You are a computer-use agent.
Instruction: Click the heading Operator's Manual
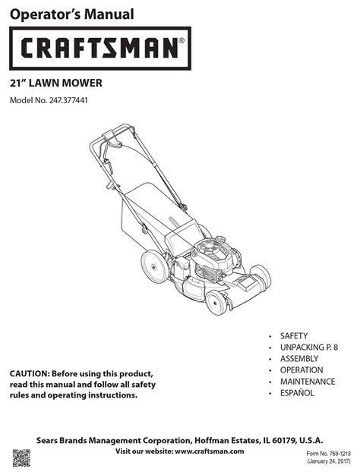[71, 14]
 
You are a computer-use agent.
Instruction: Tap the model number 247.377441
[68, 100]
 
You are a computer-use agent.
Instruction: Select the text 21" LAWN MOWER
[55, 83]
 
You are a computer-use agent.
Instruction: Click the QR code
[21, 458]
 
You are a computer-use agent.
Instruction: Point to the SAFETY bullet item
[294, 336]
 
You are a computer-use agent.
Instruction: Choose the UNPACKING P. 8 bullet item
[309, 348]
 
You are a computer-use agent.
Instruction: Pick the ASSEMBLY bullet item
[299, 359]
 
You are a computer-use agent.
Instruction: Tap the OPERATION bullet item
[302, 370]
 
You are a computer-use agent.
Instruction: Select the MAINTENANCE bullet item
[308, 382]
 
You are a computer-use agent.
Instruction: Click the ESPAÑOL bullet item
[297, 393]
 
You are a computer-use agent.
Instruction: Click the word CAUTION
[29, 373]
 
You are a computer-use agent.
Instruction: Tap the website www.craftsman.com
[210, 451]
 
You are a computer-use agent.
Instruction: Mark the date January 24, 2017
[329, 461]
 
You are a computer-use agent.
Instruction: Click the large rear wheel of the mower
[154, 267]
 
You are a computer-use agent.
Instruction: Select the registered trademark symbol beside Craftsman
[182, 40]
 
